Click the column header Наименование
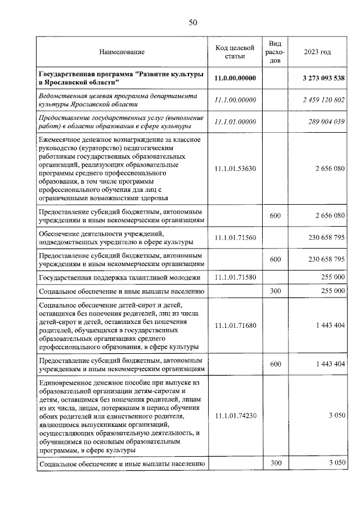[x=121, y=52]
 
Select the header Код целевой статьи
[x=236, y=52]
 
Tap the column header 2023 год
[x=317, y=52]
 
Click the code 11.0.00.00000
[x=236, y=78]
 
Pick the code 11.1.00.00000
[x=236, y=100]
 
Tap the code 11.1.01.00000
[x=236, y=121]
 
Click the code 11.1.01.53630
[x=236, y=168]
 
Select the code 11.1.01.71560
[x=236, y=237]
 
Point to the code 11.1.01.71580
[x=236, y=277]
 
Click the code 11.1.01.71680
[x=236, y=325]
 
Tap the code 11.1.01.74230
[x=236, y=416]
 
